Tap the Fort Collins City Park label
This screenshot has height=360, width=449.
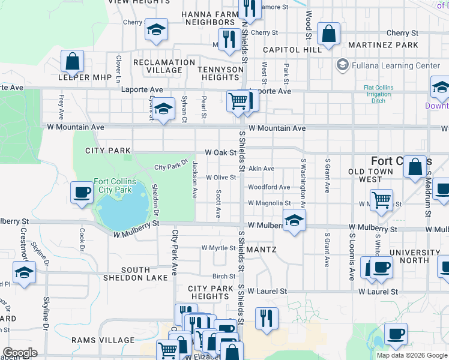tap(115, 185)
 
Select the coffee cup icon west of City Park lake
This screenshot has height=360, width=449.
tap(82, 193)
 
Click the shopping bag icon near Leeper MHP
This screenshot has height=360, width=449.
tap(72, 61)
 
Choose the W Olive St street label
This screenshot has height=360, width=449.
tap(221, 178)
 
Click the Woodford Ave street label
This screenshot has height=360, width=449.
tap(269, 187)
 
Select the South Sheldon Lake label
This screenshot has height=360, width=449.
tap(136, 274)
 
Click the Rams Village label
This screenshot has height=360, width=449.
tap(103, 340)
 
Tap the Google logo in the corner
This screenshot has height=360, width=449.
tap(19, 353)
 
